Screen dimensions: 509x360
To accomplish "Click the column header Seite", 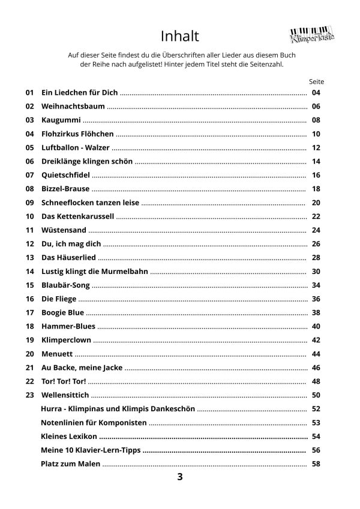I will click(x=316, y=80).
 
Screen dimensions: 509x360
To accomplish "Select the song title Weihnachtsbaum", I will click(x=73, y=106).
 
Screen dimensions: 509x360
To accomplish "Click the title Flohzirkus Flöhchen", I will click(x=77, y=134).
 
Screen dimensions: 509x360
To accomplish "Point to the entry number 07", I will click(x=29, y=175).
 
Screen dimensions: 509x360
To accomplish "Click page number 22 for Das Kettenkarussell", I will click(x=317, y=216).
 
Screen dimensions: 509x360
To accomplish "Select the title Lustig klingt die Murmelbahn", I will click(x=94, y=272).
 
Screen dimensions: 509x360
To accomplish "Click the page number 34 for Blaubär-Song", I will click(x=317, y=285).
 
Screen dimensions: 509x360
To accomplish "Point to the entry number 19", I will click(x=29, y=341).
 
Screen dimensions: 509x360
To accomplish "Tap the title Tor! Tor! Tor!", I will click(x=64, y=381).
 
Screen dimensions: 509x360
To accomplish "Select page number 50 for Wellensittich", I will click(x=317, y=395).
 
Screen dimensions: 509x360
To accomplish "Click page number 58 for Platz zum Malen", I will click(x=317, y=464).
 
